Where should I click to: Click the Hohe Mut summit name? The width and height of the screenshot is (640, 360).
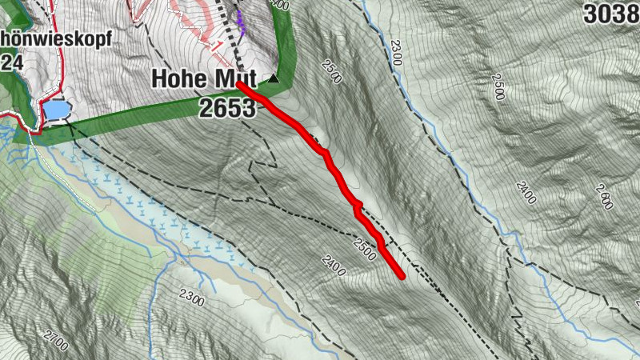coord(203,80)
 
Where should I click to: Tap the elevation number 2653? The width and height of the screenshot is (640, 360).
coord(228,108)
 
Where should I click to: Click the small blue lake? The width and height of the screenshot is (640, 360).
coord(54,109)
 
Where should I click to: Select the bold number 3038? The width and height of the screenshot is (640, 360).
coord(611,14)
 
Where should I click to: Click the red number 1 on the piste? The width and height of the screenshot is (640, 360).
coord(218,43)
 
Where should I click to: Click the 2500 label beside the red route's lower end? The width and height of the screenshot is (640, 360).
coord(363,249)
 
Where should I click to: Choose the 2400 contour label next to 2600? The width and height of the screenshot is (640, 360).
coord(525,192)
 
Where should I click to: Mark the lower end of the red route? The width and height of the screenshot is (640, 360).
coord(402,277)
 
